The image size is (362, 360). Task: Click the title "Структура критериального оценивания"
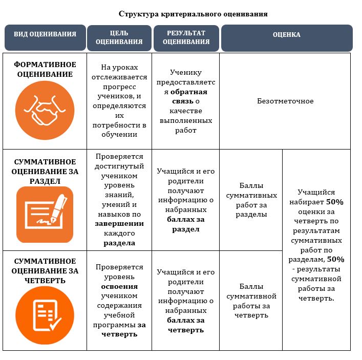193,14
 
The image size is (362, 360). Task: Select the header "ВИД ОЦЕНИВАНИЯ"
45,34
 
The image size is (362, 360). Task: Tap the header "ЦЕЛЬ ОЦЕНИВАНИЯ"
119,37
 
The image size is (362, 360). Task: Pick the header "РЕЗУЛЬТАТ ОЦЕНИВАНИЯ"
186,37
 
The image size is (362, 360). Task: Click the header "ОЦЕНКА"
287,35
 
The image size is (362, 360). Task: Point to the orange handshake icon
45,111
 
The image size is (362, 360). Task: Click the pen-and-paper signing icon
45,215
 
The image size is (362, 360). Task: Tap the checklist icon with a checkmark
45,315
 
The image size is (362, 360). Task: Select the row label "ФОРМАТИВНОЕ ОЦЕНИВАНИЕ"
45,69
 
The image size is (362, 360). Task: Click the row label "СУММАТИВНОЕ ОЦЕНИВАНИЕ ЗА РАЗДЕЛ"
45,172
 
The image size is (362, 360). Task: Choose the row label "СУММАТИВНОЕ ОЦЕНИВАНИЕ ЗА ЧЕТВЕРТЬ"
45,271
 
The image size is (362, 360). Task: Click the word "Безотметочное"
285,101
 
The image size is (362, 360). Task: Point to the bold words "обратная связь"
189,96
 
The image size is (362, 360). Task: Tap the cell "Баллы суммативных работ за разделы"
251,200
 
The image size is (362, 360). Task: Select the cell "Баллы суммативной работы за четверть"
251,301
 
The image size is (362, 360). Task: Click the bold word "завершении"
119,224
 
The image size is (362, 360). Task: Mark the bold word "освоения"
119,286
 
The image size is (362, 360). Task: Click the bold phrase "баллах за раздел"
186,224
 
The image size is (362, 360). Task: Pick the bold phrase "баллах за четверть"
186,325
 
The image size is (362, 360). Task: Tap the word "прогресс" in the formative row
119,87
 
